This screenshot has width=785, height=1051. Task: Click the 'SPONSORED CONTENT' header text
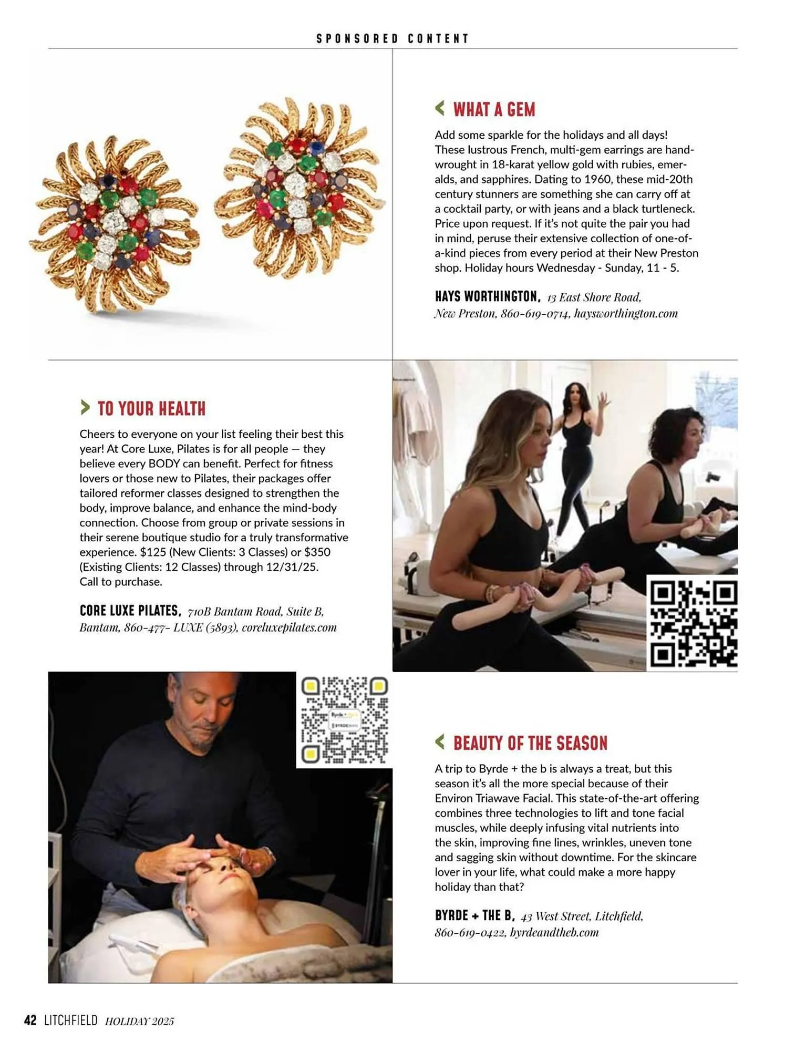[x=392, y=38]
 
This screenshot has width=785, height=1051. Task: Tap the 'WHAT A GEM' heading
[x=494, y=109]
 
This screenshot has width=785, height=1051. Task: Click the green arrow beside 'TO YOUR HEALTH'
[x=85, y=407]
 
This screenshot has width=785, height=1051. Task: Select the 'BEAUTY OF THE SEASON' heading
[x=530, y=743]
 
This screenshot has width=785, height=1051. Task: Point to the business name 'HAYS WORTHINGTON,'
[x=487, y=296]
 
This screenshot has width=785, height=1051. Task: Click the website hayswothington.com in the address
[x=625, y=314]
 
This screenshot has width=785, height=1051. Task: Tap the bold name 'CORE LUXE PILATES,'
[x=130, y=611]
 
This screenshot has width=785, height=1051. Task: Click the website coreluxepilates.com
[x=289, y=627]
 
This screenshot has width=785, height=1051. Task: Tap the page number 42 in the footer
[x=30, y=1020]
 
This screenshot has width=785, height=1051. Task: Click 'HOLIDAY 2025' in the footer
[x=139, y=1021]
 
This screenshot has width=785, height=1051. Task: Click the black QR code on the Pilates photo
[x=693, y=623]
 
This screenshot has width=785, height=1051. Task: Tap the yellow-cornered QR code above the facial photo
[x=344, y=720]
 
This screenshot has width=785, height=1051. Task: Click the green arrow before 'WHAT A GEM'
[x=440, y=108]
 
